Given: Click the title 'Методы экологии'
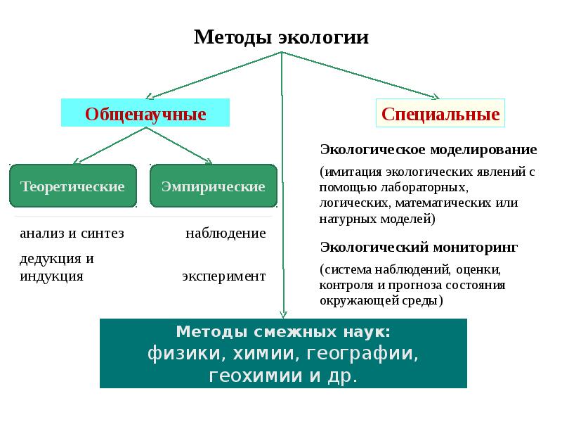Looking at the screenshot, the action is (281, 37).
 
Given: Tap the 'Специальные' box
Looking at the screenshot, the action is (440, 114).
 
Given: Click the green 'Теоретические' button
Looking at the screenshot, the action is (73, 186).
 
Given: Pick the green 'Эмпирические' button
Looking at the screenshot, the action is (214, 186).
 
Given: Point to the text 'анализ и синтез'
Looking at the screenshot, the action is (72, 234).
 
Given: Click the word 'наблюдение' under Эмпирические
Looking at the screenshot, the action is (226, 234).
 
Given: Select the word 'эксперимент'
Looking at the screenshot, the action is (223, 276).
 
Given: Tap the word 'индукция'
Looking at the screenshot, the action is (51, 276).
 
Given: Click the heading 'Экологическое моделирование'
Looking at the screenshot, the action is (429, 150).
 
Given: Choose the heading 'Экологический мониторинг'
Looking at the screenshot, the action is (419, 247).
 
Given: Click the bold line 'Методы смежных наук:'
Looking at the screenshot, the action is (283, 331).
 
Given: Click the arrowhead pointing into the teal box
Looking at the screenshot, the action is (282, 314).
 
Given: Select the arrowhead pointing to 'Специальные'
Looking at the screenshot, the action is (436, 96).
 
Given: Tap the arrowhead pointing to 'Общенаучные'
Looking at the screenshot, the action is (150, 96).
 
